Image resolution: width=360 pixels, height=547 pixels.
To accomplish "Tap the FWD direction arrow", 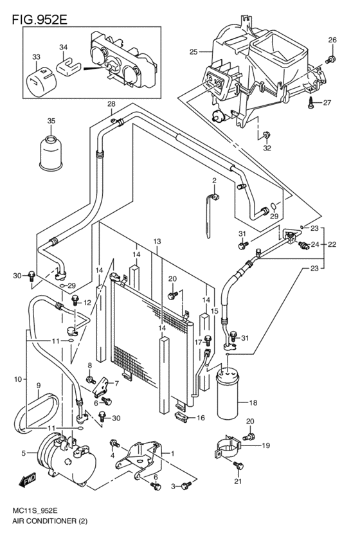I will [28, 480].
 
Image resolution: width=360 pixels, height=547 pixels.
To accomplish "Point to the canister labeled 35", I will [51, 152].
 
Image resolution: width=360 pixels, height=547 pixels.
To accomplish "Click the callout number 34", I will [63, 47].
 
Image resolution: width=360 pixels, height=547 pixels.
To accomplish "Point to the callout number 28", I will [111, 104].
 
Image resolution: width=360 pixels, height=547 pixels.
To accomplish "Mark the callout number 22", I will [332, 244].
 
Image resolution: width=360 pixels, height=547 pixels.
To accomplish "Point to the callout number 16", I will [201, 417].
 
